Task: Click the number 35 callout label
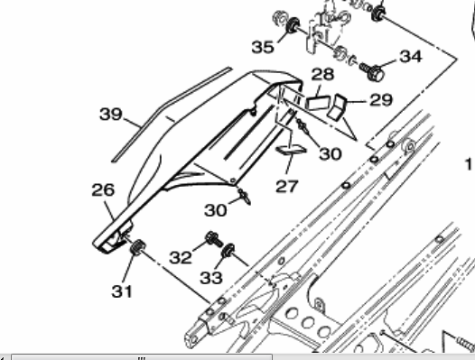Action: click(x=263, y=46)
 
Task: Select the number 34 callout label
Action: click(x=410, y=56)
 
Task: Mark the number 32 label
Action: click(x=181, y=257)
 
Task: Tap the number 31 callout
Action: click(x=122, y=291)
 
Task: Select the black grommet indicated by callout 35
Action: click(x=293, y=34)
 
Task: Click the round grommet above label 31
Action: click(x=136, y=246)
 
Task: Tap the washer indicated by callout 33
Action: click(x=230, y=250)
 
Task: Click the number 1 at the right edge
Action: click(x=469, y=164)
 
